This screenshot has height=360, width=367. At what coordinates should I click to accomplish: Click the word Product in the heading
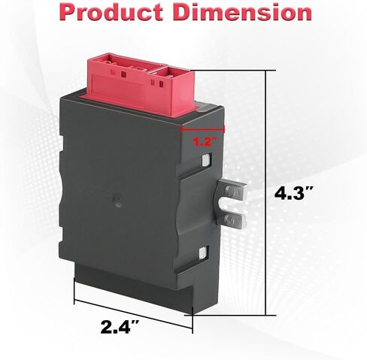pos(111,12)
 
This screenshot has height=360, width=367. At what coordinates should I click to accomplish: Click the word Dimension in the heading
pos(242,12)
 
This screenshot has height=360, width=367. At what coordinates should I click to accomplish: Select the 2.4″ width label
pos(120,327)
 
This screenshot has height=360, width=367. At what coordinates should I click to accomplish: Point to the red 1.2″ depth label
pos(205,142)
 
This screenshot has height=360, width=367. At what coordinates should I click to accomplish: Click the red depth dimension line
pos(202,129)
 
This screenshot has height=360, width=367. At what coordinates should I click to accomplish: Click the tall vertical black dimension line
pos(266,192)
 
